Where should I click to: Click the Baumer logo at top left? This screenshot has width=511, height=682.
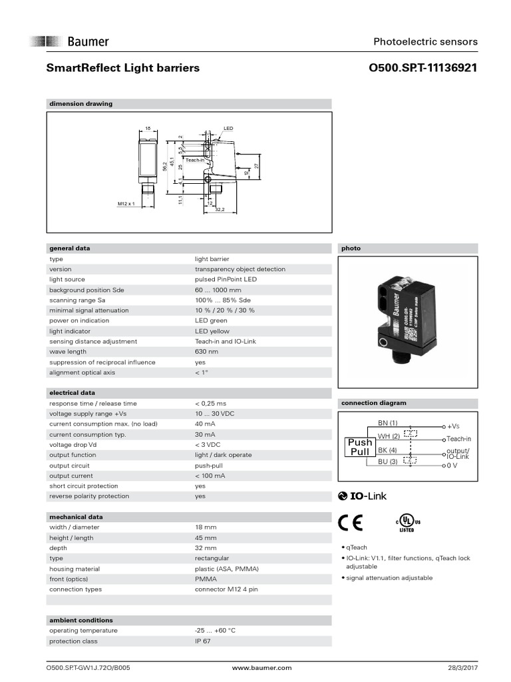69,41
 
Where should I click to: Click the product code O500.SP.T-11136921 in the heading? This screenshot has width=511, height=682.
423,68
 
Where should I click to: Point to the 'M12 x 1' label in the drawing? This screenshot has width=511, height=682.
126,203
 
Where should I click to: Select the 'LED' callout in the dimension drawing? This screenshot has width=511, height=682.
229,127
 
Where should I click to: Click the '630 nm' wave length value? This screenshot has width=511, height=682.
206,352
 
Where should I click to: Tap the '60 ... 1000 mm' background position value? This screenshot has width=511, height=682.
218,290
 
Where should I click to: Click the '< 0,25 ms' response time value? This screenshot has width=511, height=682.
210,404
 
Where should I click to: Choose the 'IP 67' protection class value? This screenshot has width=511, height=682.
202,641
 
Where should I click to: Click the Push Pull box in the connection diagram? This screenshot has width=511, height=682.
360,447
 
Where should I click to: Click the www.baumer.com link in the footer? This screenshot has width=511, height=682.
262,667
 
